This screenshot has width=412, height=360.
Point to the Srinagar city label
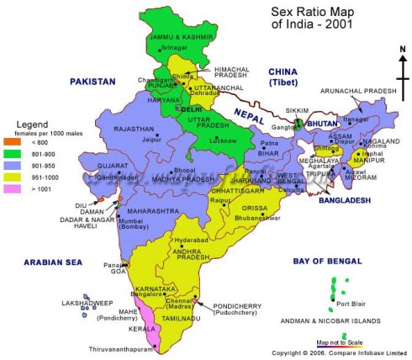click(179, 47)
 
